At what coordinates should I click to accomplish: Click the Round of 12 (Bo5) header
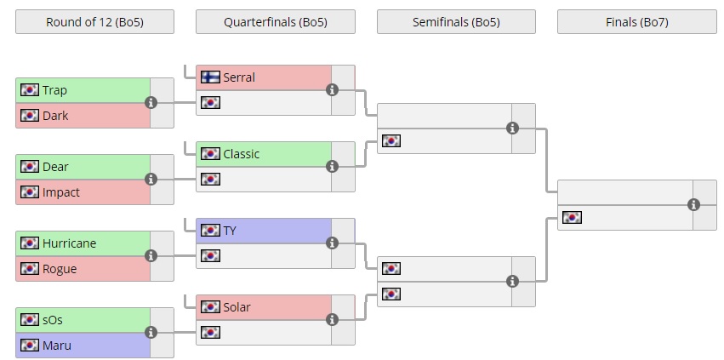94,22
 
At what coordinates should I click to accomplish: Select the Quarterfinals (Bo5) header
275,22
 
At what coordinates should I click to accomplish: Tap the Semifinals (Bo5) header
456,22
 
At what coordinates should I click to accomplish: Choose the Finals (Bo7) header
636,22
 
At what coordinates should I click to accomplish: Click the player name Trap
54,90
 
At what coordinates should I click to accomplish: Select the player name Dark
55,116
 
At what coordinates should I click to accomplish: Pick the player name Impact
60,192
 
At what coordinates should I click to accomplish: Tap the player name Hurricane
69,243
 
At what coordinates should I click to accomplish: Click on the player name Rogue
59,269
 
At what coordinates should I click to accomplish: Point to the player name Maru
56,346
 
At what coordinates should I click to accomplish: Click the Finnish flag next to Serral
210,77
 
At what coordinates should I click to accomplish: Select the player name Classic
241,154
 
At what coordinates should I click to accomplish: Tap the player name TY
230,231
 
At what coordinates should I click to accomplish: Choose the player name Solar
237,307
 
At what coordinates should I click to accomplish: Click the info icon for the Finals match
693,204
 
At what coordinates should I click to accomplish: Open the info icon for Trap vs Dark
151,102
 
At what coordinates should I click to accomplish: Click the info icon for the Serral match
332,89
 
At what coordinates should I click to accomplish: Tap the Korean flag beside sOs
30,320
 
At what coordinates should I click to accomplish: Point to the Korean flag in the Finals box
572,218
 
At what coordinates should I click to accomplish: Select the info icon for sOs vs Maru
151,333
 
